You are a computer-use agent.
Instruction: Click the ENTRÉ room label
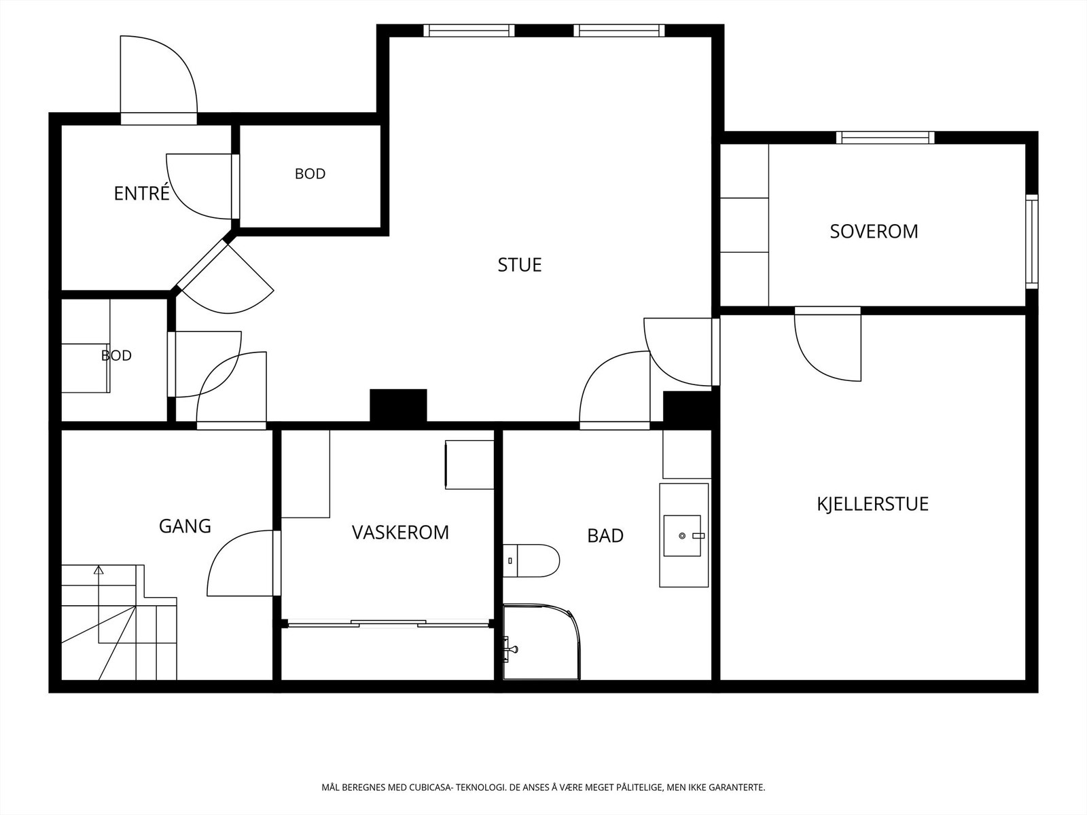[x=141, y=193]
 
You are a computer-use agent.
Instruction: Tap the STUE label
[x=520, y=265]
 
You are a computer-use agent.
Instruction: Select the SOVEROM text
[x=874, y=232]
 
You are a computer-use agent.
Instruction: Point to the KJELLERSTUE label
[x=872, y=504]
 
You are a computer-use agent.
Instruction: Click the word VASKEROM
[x=400, y=532]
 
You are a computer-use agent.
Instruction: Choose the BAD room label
[x=605, y=535]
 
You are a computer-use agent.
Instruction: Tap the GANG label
[x=185, y=526]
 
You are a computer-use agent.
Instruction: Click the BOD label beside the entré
[x=310, y=174]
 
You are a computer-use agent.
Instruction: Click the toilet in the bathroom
[x=531, y=561]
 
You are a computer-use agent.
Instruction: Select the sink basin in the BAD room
[x=682, y=536]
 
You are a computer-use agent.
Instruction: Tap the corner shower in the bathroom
[x=541, y=642]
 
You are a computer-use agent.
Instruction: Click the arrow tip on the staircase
[x=99, y=568]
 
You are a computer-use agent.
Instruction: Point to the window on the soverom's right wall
[x=1031, y=242]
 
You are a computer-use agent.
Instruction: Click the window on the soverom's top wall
[x=885, y=138]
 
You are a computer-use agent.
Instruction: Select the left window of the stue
[x=469, y=31]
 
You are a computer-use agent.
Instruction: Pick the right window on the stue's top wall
[x=619, y=31]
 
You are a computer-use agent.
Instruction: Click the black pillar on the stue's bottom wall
[x=398, y=405]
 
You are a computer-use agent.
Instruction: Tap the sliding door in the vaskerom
[x=388, y=623]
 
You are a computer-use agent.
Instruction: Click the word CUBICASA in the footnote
[x=430, y=787]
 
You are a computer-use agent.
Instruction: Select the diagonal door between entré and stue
[x=202, y=264]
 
